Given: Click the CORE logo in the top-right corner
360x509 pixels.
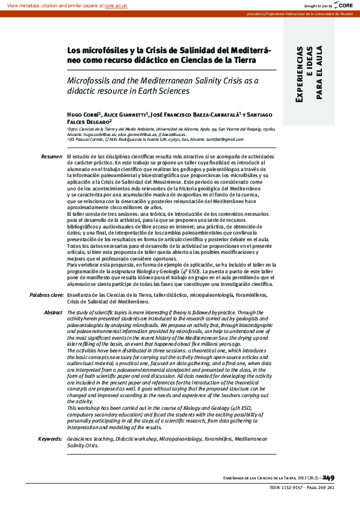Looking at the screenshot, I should pyautogui.click(x=346, y=5).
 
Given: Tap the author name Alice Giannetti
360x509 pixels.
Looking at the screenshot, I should pyautogui.click(x=125, y=114).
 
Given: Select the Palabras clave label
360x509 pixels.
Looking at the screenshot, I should pyautogui.click(x=47, y=294).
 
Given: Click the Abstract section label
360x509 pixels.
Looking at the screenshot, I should pyautogui.click(x=53, y=312).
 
